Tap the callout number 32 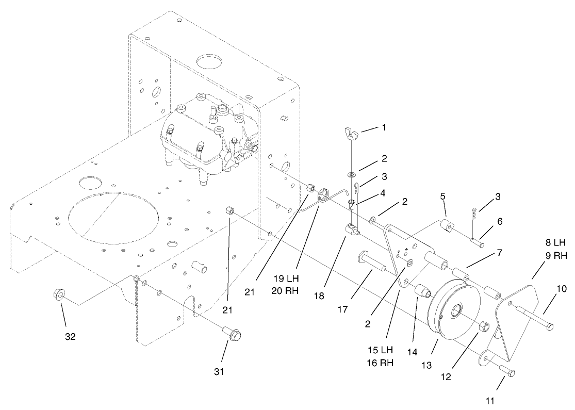tap(70, 336)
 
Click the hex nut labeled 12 tap(485, 326)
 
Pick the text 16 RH tap(380, 363)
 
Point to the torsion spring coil tap(324, 196)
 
